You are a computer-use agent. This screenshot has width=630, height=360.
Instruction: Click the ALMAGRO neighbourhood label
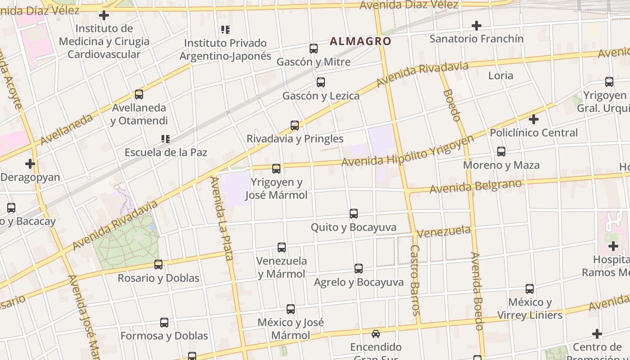[x=360, y=41]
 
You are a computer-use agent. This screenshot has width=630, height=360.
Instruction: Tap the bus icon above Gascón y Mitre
[x=314, y=49]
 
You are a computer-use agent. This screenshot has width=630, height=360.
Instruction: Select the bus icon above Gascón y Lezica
[x=321, y=82]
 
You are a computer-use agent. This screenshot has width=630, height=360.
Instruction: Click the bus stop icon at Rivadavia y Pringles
[x=295, y=126]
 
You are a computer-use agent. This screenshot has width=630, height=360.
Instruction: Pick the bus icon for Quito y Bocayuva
[x=354, y=214]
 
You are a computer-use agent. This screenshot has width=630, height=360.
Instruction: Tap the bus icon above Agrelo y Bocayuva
[x=359, y=269]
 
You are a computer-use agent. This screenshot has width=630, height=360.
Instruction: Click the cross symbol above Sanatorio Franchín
[x=477, y=26]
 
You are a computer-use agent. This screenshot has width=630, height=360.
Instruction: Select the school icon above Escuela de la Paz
[x=165, y=139]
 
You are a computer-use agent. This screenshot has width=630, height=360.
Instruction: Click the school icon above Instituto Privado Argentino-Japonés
[x=225, y=30]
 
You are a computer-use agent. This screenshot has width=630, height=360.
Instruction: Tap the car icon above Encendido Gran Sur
[x=376, y=334]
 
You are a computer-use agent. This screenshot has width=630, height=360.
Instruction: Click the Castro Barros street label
[x=415, y=280]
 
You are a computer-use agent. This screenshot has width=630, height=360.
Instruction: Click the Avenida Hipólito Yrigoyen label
[x=408, y=152]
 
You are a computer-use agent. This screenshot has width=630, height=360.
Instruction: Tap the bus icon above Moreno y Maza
[x=501, y=152]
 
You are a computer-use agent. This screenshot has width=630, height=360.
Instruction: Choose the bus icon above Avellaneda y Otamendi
[x=139, y=94]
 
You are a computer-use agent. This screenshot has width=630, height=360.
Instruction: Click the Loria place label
[x=501, y=75]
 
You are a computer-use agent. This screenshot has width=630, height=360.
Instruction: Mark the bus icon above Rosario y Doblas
[x=158, y=265]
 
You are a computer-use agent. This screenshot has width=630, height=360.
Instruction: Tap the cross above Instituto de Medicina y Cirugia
[x=104, y=16]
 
